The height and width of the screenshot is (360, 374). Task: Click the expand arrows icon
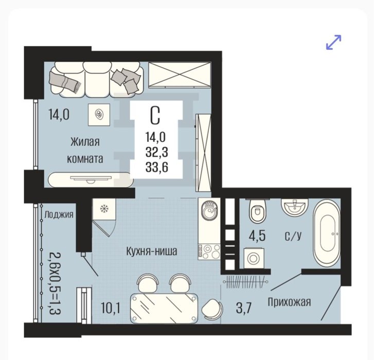(x=334, y=43)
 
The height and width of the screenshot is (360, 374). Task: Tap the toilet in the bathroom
(x=257, y=210)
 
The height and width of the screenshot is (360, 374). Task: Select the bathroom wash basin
(x=295, y=207)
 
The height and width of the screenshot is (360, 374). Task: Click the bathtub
(x=327, y=233)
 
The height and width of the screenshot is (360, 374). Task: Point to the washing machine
(x=254, y=258)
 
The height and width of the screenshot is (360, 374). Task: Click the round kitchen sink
(x=210, y=210)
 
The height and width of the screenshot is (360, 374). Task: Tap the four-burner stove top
(x=209, y=252)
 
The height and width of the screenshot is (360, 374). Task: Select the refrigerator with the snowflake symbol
(x=104, y=209)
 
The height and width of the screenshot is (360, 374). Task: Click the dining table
(x=164, y=308)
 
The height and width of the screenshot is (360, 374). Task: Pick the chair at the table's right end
(x=212, y=310)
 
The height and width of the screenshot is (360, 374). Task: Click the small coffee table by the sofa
(x=99, y=115)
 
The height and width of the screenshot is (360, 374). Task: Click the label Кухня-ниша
(x=151, y=251)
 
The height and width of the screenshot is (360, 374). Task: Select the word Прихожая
(x=289, y=302)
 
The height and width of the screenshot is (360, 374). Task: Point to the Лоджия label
(x=59, y=214)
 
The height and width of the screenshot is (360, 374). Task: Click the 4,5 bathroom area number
(x=257, y=236)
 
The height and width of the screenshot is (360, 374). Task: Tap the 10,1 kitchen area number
(x=111, y=308)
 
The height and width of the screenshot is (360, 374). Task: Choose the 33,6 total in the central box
(x=157, y=167)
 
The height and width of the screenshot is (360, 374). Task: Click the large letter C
(x=155, y=115)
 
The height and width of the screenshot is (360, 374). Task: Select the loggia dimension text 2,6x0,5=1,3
(x=56, y=283)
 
